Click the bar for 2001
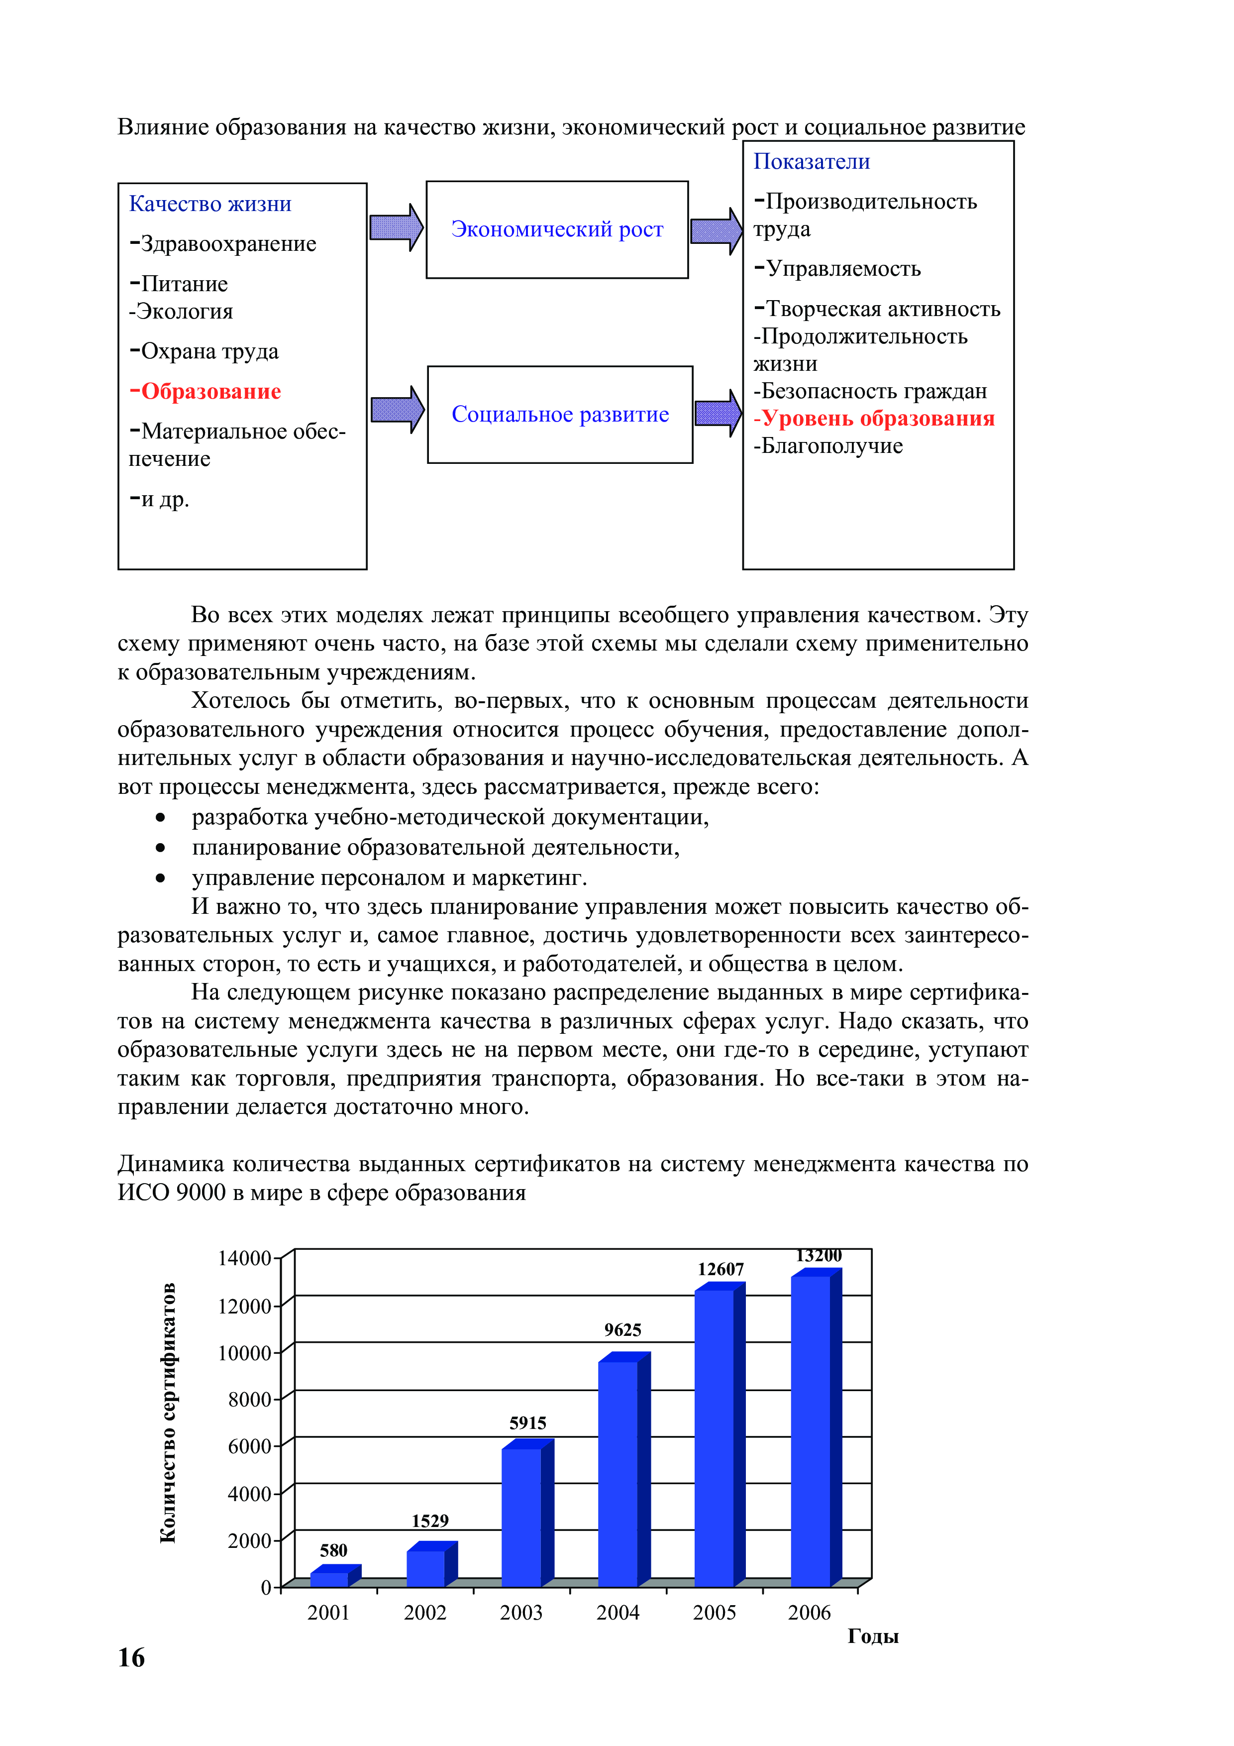(329, 1579)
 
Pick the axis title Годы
(873, 1637)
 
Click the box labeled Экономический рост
(557, 229)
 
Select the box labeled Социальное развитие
(560, 415)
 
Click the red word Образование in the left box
(210, 392)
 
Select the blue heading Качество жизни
(210, 204)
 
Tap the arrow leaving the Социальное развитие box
(718, 413)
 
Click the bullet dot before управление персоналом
(160, 877)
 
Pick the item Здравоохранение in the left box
(228, 244)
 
